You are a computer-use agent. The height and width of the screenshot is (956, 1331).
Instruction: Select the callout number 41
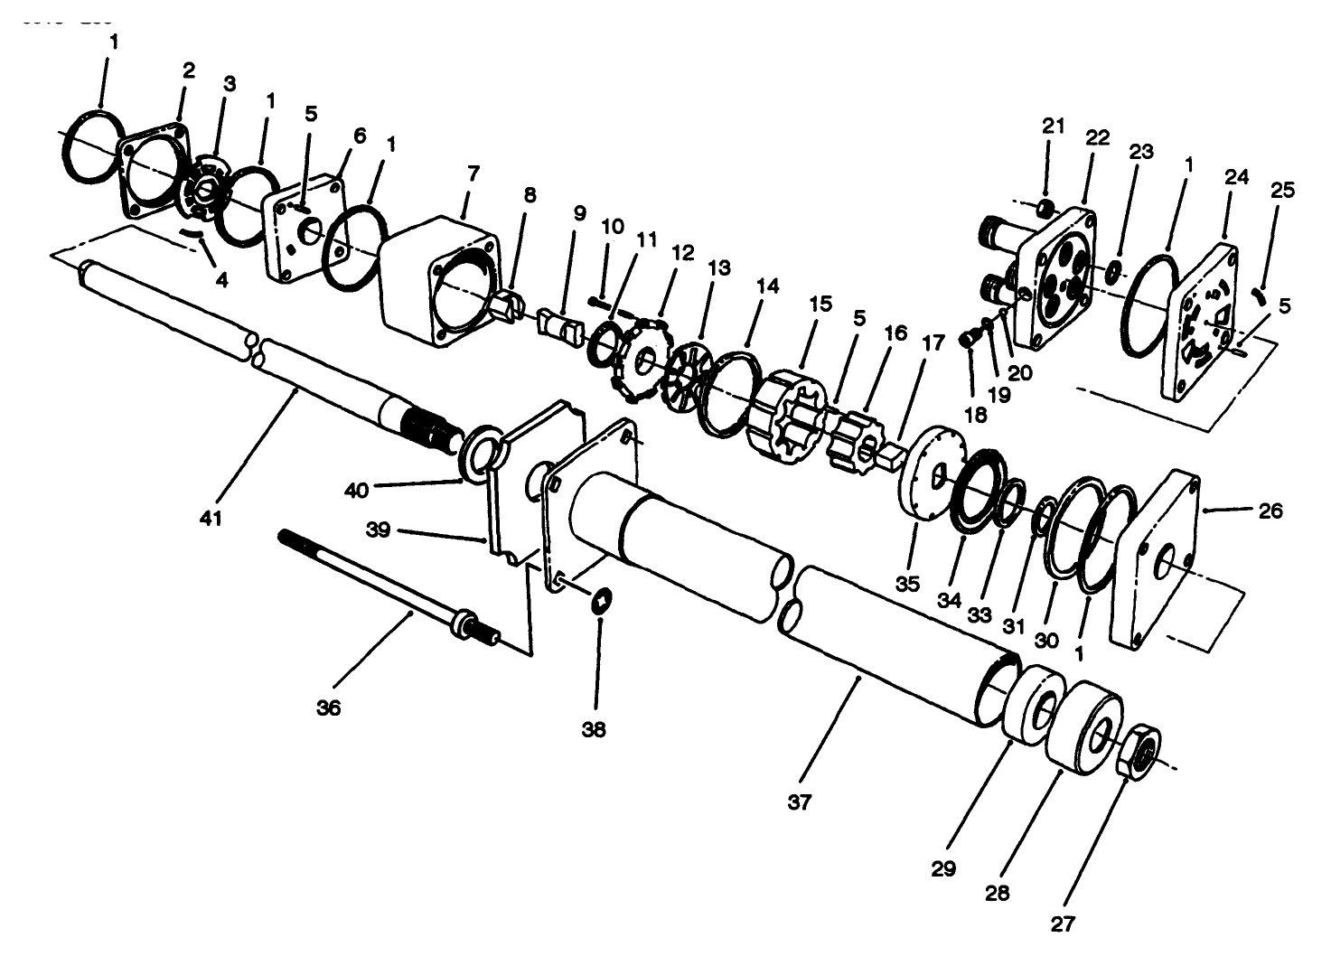pos(211,519)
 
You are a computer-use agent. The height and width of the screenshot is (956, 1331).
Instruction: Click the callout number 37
pos(800,801)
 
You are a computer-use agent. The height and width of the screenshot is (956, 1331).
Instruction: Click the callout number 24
pos(1236,177)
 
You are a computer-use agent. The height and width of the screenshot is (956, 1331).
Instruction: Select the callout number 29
pos(943,868)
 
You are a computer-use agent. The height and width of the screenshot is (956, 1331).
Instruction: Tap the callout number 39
pos(378,530)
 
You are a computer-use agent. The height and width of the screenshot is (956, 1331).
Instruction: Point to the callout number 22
pos(1097,137)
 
